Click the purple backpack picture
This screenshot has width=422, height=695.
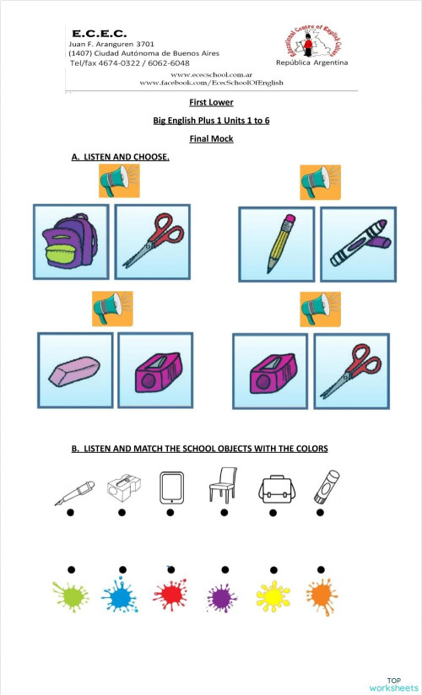70,242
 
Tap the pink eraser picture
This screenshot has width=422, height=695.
75,372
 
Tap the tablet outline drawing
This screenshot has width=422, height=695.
171,488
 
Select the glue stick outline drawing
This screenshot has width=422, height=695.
321,488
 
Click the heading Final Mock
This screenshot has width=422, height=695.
211,138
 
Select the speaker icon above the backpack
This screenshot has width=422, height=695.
118,180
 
